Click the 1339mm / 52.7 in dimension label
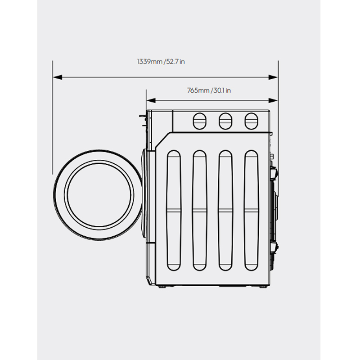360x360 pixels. pyautogui.click(x=161, y=62)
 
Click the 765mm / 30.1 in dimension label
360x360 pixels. pyautogui.click(x=209, y=90)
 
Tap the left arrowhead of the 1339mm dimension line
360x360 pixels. pyautogui.click(x=58, y=77)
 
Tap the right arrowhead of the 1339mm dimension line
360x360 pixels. pyautogui.click(x=273, y=77)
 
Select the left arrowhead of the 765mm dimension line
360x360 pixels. pyautogui.click(x=151, y=100)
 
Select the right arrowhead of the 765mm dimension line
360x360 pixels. pyautogui.click(x=273, y=100)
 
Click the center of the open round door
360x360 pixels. pyautogui.click(x=99, y=195)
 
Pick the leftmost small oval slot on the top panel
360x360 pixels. pyautogui.click(x=199, y=121)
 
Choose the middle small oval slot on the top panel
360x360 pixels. pyautogui.click(x=225, y=121)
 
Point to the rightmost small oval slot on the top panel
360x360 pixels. pyautogui.click(x=252, y=121)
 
